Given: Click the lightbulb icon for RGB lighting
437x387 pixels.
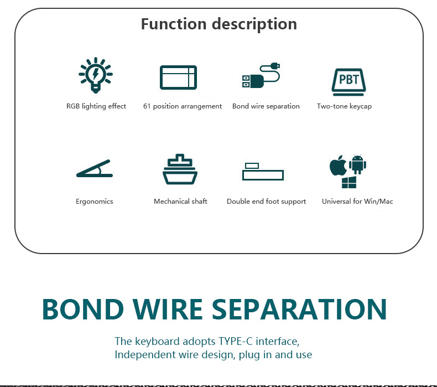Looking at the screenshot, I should (x=96, y=75).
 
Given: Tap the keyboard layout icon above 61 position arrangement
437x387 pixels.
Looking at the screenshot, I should (x=178, y=78).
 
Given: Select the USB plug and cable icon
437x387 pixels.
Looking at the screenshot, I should (x=261, y=76).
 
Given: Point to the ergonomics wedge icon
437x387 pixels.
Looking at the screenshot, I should (x=94, y=169).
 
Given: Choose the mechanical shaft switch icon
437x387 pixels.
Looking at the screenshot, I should (x=180, y=169).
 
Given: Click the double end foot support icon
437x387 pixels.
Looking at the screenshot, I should (x=263, y=172).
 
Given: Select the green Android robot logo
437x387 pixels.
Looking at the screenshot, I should (x=358, y=164).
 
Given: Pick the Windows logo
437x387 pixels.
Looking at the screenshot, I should (x=348, y=183).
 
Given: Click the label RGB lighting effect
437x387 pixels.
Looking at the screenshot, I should (x=96, y=106).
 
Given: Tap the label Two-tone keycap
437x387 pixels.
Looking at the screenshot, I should (x=344, y=106).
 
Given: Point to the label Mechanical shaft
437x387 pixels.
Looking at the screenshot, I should (x=180, y=202).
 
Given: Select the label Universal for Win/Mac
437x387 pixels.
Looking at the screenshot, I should (x=357, y=202).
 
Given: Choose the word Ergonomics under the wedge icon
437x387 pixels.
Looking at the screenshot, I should (x=94, y=202).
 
